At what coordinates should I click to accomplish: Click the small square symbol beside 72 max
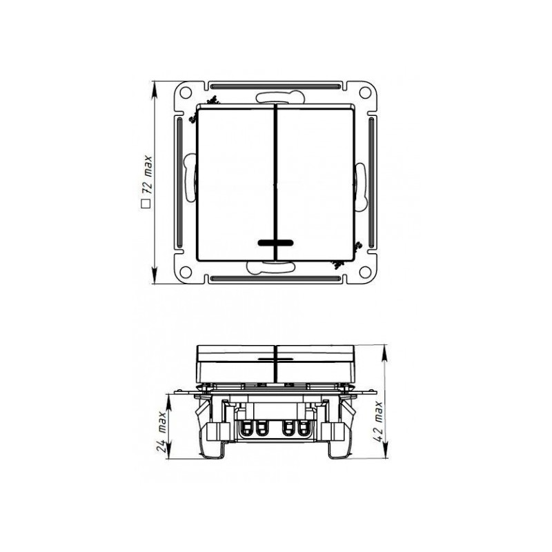click(146, 204)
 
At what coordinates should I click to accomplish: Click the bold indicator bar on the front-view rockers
click(275, 243)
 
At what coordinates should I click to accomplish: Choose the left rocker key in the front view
click(236, 183)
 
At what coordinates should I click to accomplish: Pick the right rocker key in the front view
click(315, 183)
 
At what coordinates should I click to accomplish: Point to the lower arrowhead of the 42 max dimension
click(384, 457)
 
